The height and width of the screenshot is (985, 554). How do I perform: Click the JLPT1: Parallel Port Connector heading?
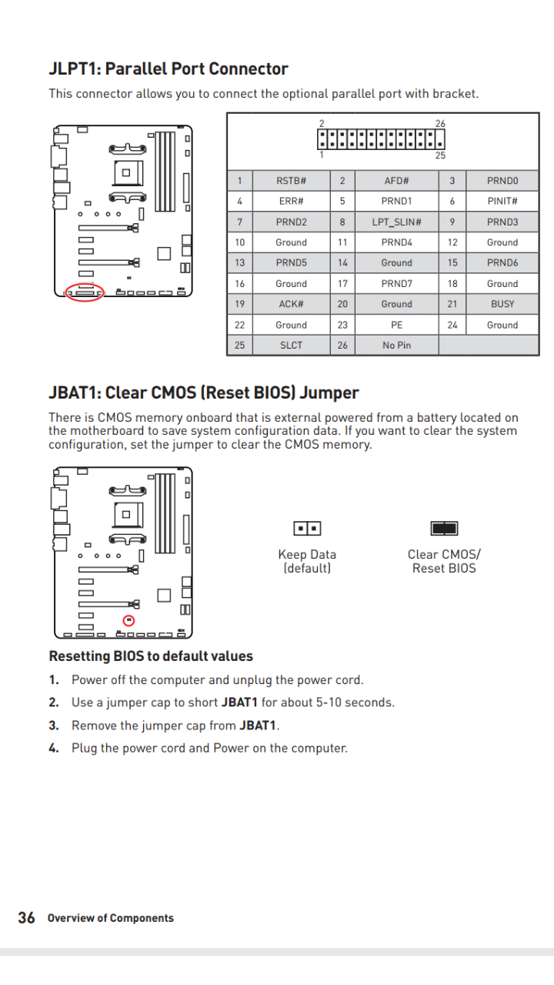168,69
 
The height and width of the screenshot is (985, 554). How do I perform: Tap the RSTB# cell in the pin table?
291,181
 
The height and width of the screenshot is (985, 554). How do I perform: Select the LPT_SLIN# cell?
396,222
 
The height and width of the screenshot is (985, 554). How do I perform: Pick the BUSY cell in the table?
502,304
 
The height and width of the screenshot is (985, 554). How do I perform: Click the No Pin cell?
396,346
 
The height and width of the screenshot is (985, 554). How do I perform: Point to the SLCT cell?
291,346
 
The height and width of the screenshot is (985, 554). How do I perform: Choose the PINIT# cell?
502,202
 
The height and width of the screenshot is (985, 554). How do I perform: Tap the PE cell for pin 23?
396,325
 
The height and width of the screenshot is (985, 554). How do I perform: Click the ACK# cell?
291,304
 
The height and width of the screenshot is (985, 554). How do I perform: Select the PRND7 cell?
396,284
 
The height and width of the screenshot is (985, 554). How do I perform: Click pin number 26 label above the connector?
440,124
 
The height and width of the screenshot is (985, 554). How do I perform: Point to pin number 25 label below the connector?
440,155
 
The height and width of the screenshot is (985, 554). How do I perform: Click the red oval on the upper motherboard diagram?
85,292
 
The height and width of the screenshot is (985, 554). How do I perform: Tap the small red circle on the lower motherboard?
128,620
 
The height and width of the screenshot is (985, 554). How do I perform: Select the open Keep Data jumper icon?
307,529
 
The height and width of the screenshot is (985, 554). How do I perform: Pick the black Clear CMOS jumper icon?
444,529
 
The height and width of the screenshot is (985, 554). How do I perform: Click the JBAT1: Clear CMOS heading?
203,393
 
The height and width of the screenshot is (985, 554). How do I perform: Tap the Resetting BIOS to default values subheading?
151,656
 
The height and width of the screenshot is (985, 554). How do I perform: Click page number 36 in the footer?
26,917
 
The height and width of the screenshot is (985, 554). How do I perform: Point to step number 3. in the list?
54,726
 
